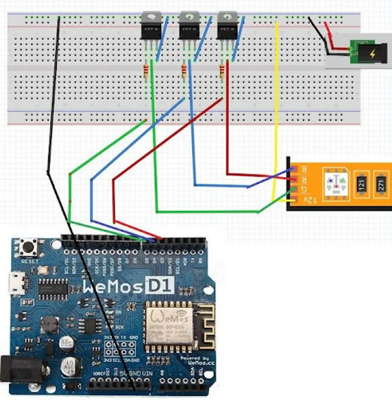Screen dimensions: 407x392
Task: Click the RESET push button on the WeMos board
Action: pos(29,248)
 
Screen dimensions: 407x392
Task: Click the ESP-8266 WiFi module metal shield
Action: pos(168,326)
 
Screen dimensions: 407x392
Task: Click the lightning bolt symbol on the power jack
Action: pos(373,54)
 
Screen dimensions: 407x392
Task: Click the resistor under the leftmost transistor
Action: pos(145,71)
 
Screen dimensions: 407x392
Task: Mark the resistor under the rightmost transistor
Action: pos(222,71)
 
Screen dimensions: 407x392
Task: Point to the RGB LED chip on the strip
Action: pos(336,182)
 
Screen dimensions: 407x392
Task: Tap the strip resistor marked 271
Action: pos(382,184)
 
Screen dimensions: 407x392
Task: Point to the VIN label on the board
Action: pos(147,374)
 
